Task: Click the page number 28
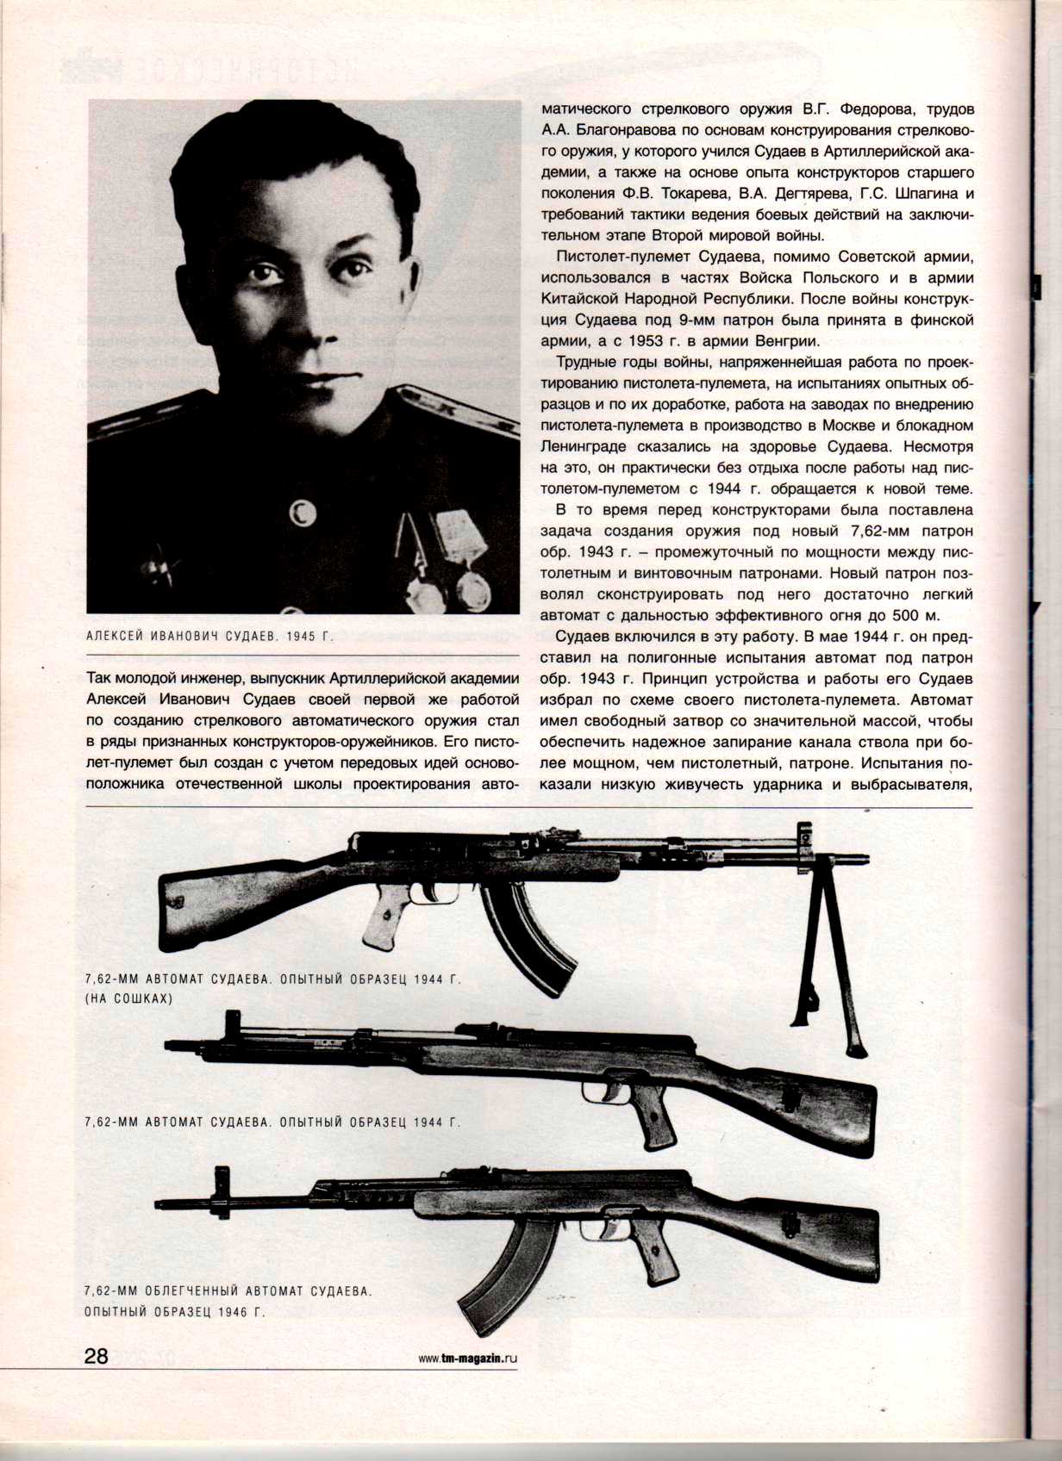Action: pos(96,1356)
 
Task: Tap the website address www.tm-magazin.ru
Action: pos(468,1358)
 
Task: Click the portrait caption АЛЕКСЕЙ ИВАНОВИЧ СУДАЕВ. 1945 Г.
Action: pos(209,637)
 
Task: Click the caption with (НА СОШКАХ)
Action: pos(129,998)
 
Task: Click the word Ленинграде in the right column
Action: pos(590,448)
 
